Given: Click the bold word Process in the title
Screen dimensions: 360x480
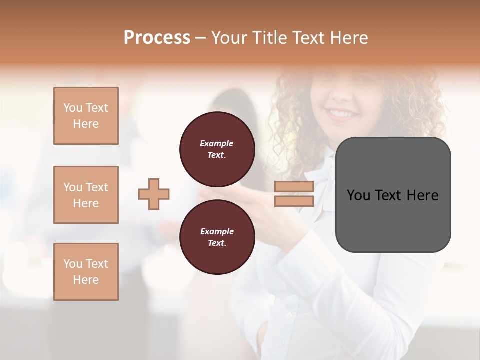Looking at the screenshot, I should pyautogui.click(x=157, y=38).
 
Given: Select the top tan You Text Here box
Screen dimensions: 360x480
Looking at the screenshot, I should pyautogui.click(x=86, y=116).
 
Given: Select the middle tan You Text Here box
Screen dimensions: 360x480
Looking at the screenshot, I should pyautogui.click(x=86, y=195).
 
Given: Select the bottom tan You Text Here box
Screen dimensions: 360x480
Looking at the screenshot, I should pyautogui.click(x=86, y=272).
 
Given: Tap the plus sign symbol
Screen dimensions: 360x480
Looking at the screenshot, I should pyautogui.click(x=154, y=194).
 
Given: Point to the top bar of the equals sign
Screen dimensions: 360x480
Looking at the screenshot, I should pyautogui.click(x=294, y=187).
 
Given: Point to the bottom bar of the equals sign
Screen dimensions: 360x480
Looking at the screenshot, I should pyautogui.click(x=294, y=201).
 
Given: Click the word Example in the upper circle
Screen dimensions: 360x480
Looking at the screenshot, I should pyautogui.click(x=217, y=143).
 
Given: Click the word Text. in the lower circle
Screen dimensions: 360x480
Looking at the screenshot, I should pyautogui.click(x=217, y=243).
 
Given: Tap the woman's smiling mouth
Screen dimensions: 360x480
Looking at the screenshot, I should pyautogui.click(x=342, y=114).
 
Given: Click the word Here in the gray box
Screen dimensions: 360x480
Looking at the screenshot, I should pyautogui.click(x=422, y=195).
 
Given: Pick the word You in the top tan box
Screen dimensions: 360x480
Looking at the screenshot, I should pyautogui.click(x=72, y=108).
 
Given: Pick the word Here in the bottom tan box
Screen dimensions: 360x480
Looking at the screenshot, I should pyautogui.click(x=86, y=280).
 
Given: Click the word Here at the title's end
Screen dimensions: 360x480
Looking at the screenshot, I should pyautogui.click(x=348, y=38).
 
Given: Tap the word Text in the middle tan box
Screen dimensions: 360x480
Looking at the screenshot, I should pyautogui.click(x=97, y=187).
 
